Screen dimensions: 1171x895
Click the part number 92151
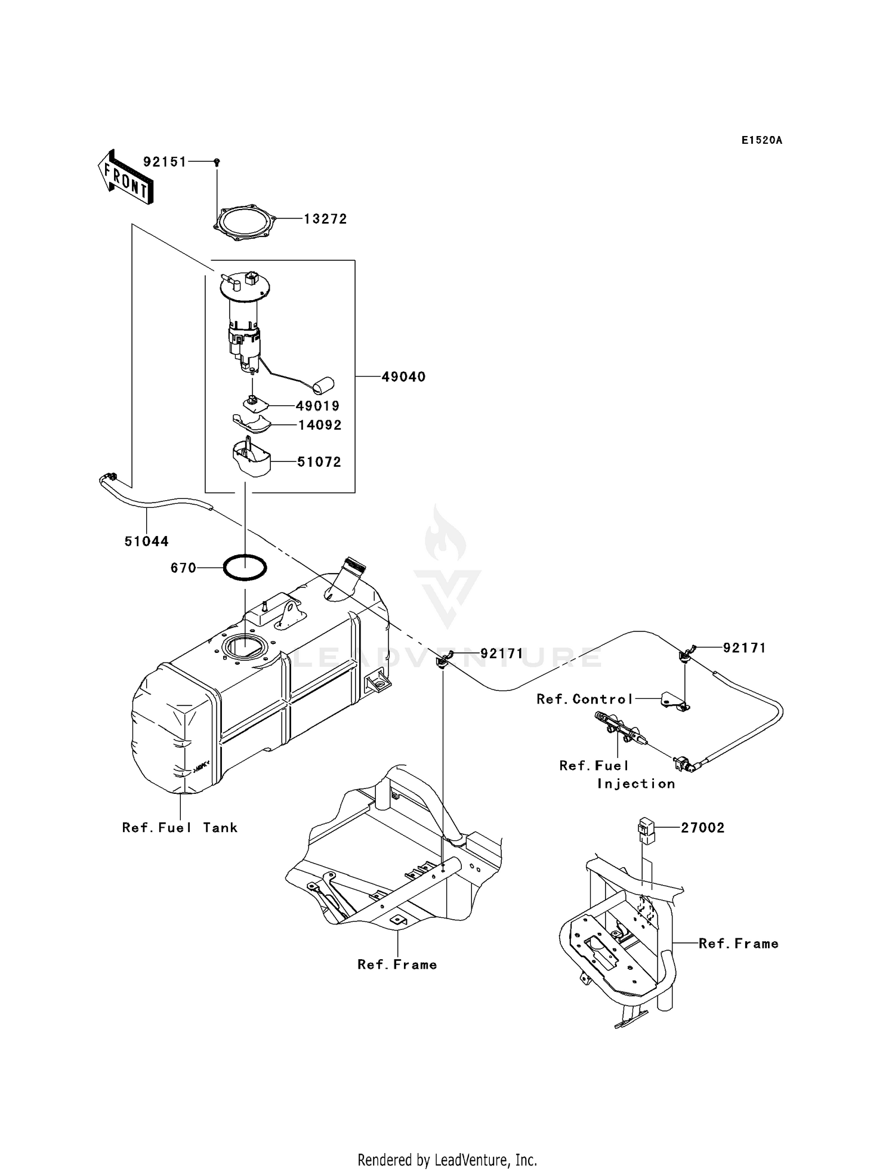(x=165, y=162)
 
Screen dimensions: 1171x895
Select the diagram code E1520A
(x=761, y=140)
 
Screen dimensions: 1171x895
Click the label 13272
(x=325, y=219)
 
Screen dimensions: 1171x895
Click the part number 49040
(x=403, y=377)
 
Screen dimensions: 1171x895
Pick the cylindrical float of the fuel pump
(x=324, y=385)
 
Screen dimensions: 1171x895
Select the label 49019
(x=317, y=406)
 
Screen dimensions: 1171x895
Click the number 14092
(x=320, y=425)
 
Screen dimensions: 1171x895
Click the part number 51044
(x=146, y=541)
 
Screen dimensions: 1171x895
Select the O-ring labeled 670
(x=245, y=568)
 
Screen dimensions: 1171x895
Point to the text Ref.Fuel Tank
(x=180, y=827)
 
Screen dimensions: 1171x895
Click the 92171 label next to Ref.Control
(x=744, y=648)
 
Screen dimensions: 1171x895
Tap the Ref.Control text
(x=584, y=699)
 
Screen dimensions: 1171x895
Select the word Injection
(x=636, y=784)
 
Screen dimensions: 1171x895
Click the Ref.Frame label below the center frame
(x=397, y=964)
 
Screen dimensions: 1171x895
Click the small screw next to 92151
(x=217, y=162)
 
